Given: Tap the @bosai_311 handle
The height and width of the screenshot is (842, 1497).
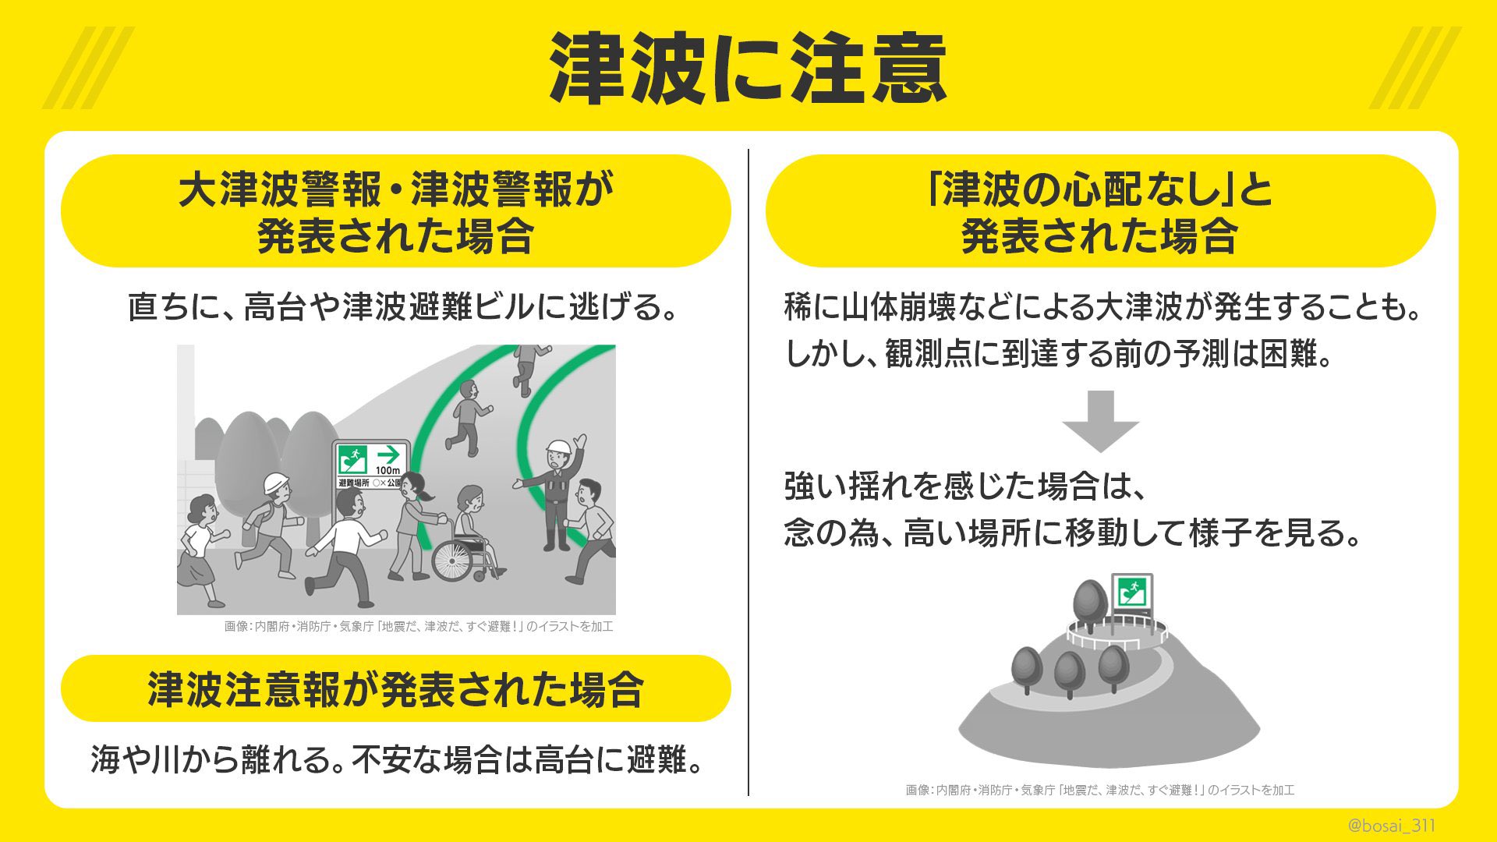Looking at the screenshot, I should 1392,825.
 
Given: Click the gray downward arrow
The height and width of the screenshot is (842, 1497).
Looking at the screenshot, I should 1100,422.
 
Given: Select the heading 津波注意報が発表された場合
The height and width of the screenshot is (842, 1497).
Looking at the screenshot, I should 395,688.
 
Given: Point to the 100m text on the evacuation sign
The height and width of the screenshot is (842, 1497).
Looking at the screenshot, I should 388,470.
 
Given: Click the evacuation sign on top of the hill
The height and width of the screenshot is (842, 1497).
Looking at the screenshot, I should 1131,594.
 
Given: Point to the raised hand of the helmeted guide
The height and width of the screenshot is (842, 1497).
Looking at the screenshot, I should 579,442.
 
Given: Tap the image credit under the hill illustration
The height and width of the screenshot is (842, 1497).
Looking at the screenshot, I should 1099,790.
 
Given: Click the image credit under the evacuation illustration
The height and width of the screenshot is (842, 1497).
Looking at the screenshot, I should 419,626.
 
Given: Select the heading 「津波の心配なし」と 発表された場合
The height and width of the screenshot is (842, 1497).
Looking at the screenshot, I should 1099,211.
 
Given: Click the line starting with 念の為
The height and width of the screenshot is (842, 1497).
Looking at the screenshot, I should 1072,533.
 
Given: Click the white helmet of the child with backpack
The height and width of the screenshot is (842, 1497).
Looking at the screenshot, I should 275,483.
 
